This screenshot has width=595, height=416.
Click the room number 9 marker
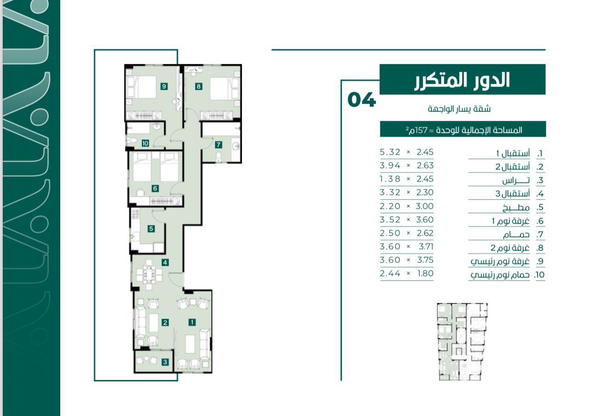coord(164,86)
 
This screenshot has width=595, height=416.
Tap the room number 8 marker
coord(198,86)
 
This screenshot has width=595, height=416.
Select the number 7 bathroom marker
coord(218,145)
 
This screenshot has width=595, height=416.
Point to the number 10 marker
coord(145,143)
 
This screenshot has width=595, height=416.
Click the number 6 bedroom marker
coord(155,189)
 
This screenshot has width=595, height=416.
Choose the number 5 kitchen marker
coord(151,228)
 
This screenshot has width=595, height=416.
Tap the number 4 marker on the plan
coord(165,262)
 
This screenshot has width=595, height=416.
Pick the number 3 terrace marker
coord(165,362)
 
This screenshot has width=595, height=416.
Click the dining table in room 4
coord(149,275)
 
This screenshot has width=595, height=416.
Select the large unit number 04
coord(361,100)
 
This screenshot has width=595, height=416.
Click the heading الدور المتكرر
coord(462,80)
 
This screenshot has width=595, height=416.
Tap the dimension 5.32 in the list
coord(390,152)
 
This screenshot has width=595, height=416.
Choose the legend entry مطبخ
coord(516,208)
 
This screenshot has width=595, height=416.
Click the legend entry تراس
coord(516,181)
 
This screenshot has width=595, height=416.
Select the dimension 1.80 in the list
coord(425,273)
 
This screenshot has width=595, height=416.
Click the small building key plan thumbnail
coord(462,342)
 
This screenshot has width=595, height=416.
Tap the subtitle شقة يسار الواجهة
coord(459,109)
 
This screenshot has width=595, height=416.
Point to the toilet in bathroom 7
coord(218,157)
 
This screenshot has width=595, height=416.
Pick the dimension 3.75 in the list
coord(425,259)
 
